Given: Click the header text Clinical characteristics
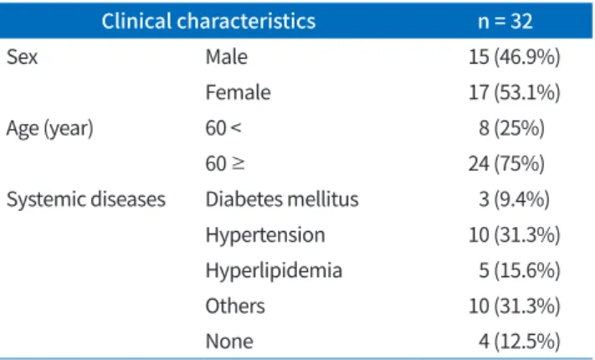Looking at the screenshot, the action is point(208,21).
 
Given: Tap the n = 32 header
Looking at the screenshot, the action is point(505,21).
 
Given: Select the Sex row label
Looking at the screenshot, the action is point(22,57).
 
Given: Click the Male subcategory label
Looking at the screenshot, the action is point(227,57).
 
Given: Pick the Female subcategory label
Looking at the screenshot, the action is point(239,93).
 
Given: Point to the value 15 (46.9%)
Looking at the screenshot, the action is point(514,57).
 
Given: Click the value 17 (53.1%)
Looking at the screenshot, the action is point(514,93).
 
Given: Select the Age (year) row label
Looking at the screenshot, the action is point(49,128).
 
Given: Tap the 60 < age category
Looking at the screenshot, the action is point(223,128).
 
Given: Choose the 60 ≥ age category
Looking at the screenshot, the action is point(225,163).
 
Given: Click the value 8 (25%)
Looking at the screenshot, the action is point(511,128).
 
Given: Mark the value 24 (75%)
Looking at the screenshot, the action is point(506,163).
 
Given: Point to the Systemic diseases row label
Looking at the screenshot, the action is point(86,200).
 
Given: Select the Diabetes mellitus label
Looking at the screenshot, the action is point(282,199).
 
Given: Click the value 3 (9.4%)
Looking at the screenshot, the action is point(514,199).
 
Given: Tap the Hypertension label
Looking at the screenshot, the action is point(265,235).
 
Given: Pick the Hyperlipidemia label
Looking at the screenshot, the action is point(274,271).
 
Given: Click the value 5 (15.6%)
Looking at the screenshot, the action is point(519,270).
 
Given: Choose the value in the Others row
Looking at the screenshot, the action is point(514,306).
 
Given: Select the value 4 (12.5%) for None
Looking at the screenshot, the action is point(519,342).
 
